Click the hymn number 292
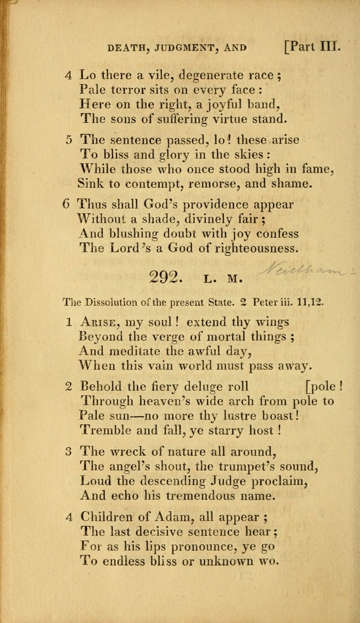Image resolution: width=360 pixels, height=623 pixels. pos(164,277)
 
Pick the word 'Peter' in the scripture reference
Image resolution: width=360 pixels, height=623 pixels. pos(264,302)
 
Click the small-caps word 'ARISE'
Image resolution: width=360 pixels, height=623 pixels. pos(101,322)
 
